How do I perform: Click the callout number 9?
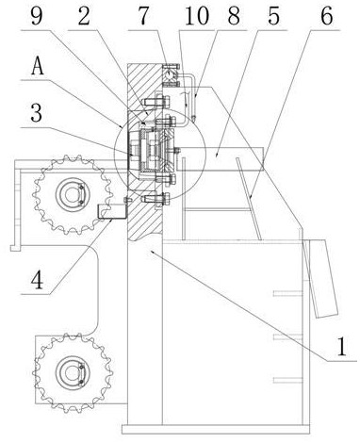37,16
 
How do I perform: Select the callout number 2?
84,16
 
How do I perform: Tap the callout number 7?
143,16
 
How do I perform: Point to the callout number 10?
197,16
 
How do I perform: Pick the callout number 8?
234,16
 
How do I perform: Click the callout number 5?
273,16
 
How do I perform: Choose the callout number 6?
327,16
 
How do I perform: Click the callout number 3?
37,113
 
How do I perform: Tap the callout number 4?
37,281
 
